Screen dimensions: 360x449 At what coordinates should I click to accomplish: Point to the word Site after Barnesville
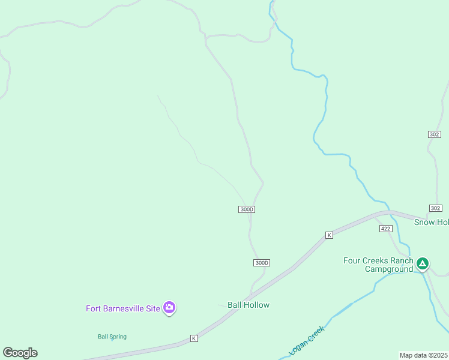(153, 308)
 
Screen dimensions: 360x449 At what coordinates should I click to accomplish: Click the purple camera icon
(169, 308)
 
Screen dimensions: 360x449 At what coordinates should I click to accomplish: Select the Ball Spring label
(112, 337)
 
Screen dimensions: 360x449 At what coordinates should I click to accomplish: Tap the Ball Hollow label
(249, 305)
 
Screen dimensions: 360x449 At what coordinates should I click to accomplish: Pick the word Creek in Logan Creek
(317, 331)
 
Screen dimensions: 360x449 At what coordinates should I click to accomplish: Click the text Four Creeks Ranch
(378, 260)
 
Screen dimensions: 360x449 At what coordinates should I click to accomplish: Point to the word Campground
(389, 269)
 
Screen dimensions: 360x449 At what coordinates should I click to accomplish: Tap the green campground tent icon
(423, 263)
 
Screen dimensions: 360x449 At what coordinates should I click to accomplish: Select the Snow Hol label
(431, 222)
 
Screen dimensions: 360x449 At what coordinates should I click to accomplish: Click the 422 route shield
(386, 229)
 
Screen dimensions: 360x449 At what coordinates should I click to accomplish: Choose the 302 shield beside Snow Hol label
(436, 208)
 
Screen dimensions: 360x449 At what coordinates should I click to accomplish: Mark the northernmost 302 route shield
(435, 134)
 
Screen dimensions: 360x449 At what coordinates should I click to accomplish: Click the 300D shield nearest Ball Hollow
(261, 263)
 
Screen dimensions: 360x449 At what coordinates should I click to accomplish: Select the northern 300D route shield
(247, 209)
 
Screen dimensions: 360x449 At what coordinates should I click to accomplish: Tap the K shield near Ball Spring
(194, 338)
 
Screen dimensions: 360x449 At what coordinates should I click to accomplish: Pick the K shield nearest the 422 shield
(329, 235)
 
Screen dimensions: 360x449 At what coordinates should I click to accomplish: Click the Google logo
(20, 353)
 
